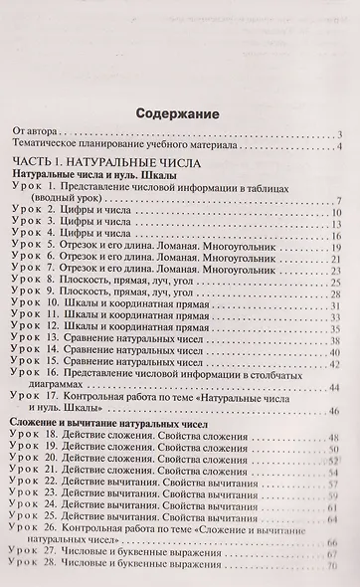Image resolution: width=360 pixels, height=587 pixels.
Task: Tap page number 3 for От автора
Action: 339,134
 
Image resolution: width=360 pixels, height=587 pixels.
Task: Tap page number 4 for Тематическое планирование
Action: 339,147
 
